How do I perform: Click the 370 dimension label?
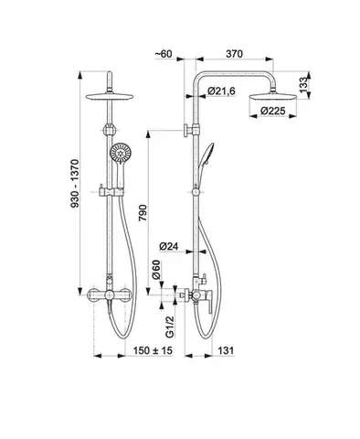[x=234, y=54]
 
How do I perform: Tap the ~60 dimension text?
[x=164, y=54]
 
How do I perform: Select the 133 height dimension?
[x=303, y=85]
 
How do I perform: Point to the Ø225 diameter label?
[x=273, y=111]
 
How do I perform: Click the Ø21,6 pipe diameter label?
[x=221, y=91]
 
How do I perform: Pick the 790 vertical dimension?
[x=143, y=213]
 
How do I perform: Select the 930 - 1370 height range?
[x=75, y=184]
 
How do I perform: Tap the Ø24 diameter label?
[x=169, y=246]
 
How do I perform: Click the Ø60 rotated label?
[x=156, y=270]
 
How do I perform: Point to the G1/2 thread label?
[x=170, y=327]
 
